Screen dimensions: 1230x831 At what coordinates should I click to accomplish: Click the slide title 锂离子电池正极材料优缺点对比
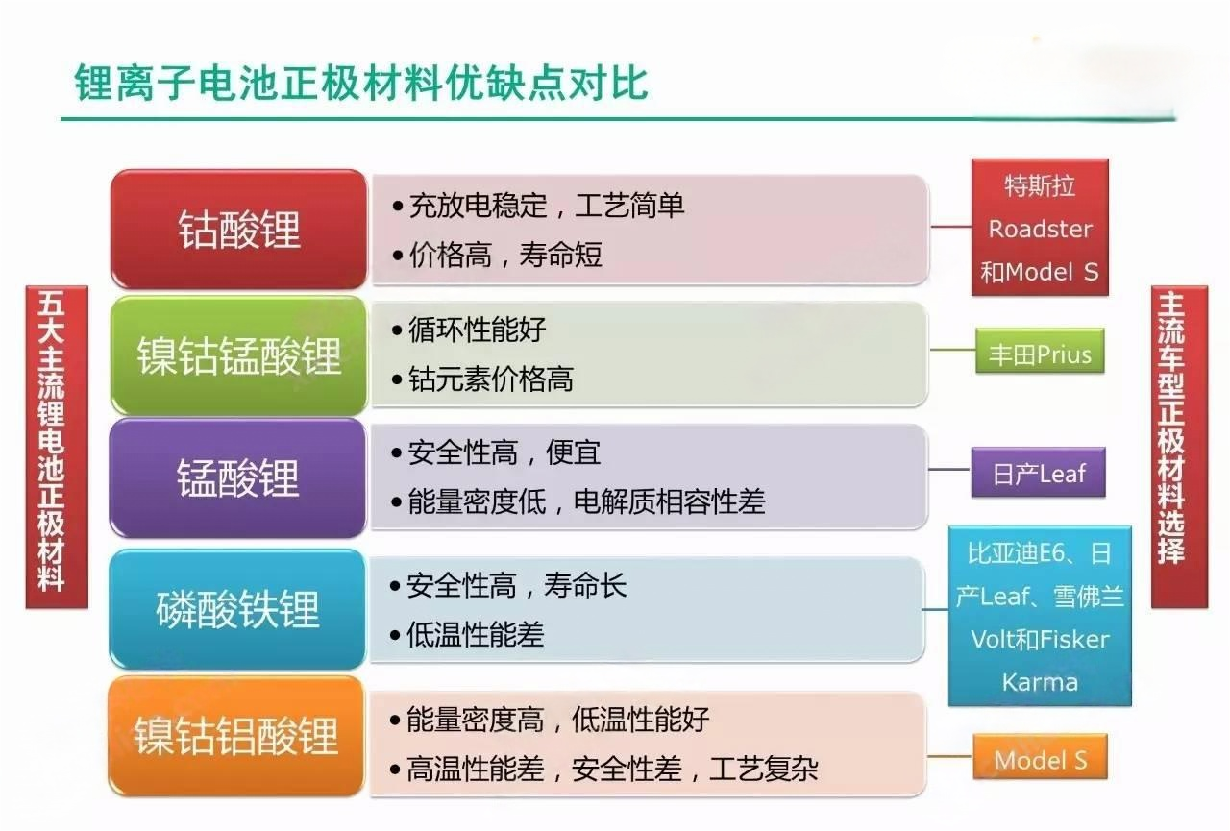click(x=361, y=83)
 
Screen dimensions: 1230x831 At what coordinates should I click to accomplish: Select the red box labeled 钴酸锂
click(x=239, y=229)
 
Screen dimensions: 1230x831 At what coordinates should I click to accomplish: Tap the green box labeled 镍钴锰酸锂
click(x=239, y=355)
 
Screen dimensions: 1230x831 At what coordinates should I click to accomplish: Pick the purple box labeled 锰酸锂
click(x=237, y=477)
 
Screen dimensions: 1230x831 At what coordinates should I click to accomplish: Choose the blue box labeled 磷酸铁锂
click(x=237, y=609)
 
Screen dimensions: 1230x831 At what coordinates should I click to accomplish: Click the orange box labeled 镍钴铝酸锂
click(x=236, y=736)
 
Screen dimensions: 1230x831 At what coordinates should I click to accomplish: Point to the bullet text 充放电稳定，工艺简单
click(x=547, y=206)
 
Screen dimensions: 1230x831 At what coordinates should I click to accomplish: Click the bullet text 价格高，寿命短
click(x=505, y=255)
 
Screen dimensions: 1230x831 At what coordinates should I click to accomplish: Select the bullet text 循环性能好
click(x=478, y=330)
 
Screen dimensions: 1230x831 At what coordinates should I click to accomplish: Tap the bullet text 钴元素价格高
click(x=491, y=379)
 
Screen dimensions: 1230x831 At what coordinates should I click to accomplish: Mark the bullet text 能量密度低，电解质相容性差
click(x=586, y=501)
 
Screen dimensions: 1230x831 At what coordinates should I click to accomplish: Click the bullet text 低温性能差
click(x=476, y=634)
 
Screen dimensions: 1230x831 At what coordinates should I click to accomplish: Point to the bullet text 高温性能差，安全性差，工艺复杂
click(x=612, y=769)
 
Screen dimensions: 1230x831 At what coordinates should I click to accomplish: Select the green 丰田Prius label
click(x=1040, y=352)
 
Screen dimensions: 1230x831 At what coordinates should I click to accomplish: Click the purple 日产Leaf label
click(x=1039, y=473)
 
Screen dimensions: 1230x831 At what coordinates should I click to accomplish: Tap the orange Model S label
click(x=1041, y=756)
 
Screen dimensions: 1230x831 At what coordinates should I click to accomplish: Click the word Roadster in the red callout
click(x=1041, y=229)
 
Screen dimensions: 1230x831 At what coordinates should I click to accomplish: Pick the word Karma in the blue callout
click(x=1040, y=682)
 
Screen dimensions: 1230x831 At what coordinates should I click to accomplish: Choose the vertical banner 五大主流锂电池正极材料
click(x=57, y=447)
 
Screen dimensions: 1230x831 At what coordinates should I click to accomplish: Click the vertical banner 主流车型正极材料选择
click(x=1179, y=447)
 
